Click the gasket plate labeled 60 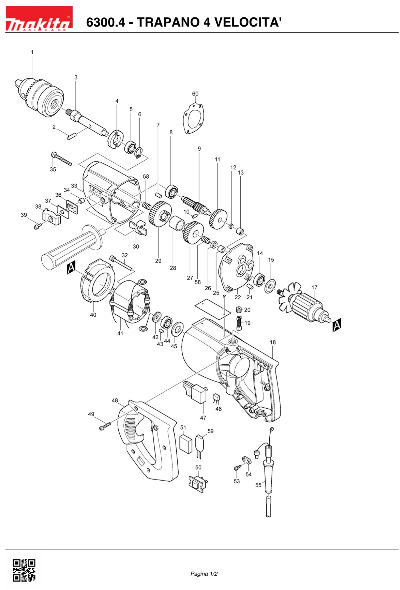194,118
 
